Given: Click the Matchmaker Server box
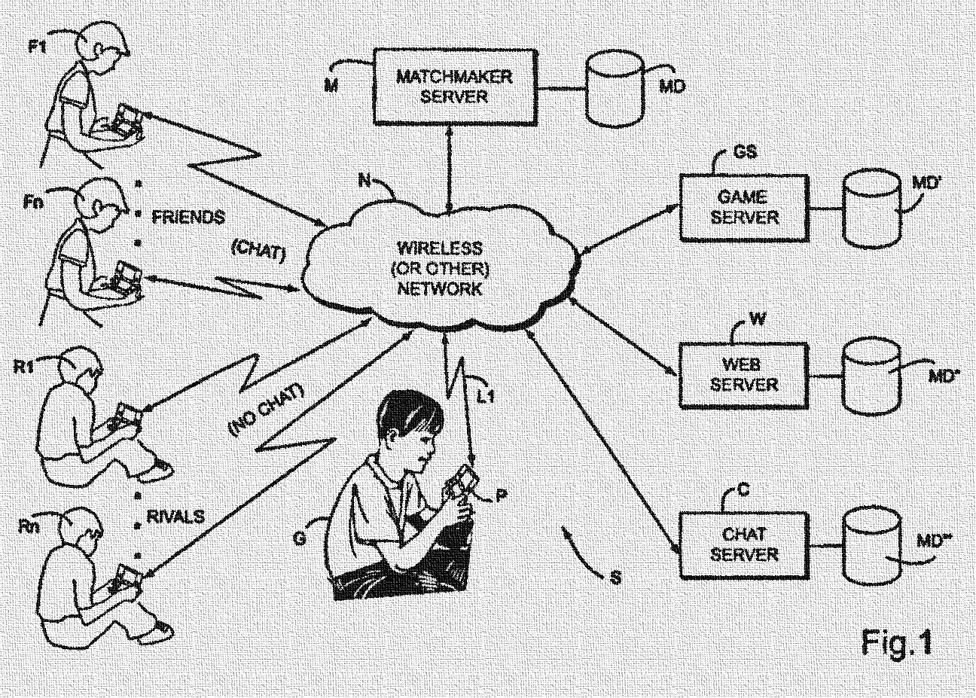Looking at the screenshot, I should pyautogui.click(x=454, y=87).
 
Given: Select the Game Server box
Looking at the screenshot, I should pyautogui.click(x=744, y=207).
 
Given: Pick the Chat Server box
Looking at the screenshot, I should pyautogui.click(x=744, y=544).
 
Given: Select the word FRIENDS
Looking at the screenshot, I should pyautogui.click(x=188, y=218).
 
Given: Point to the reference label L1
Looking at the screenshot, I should pyautogui.click(x=486, y=393).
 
